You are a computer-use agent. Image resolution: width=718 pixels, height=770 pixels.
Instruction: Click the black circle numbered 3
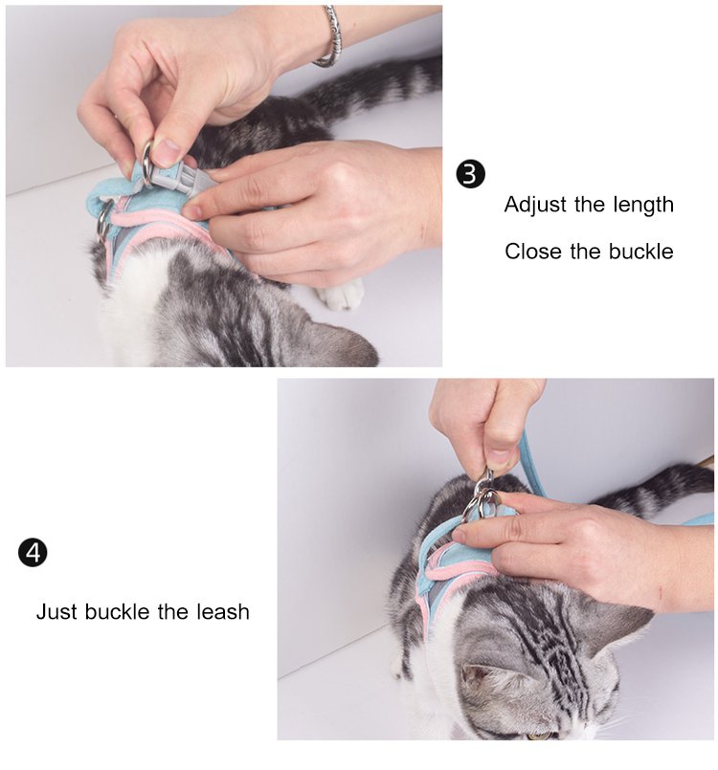[x=470, y=174]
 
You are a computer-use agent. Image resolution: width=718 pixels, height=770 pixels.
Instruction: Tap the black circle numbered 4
[x=33, y=553]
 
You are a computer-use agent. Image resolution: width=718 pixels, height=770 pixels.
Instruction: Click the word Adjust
[x=535, y=205]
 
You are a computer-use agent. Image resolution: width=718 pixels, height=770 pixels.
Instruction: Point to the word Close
[x=532, y=252]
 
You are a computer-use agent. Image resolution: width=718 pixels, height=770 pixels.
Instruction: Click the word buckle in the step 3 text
[x=640, y=252]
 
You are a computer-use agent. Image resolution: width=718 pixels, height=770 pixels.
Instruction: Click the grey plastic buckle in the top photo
[x=181, y=176]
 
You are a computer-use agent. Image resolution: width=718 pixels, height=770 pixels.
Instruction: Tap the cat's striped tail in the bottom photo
[x=654, y=491]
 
